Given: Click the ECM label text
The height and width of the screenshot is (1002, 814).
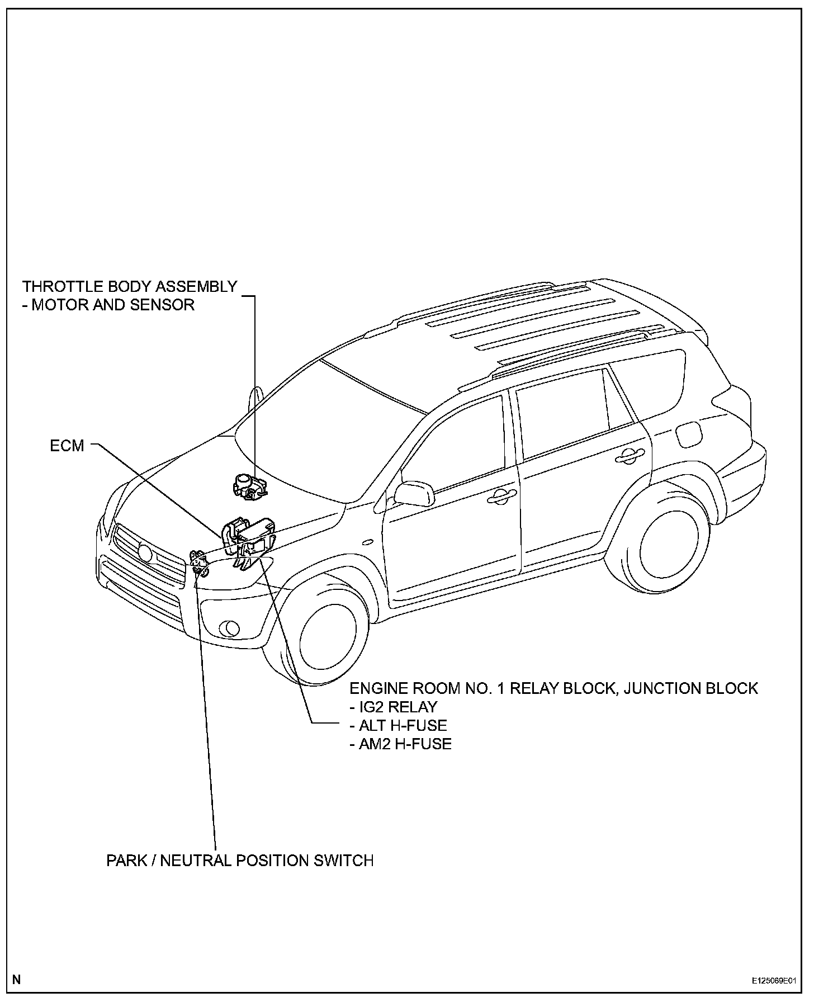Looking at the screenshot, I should pos(67,446).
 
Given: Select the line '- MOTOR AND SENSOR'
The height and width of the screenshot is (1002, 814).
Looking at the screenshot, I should pos(108,305).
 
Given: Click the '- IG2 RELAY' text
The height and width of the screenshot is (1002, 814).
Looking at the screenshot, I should pos(393,707).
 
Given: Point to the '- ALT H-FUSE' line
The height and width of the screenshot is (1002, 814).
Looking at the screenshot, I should pos(397,725).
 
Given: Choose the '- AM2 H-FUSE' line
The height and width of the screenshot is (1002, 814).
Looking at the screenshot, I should pos(400,744).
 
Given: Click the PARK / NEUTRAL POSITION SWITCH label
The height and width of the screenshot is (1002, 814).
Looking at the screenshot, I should pos(240,860).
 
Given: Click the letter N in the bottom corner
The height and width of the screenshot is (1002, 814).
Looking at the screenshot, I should pos(17,979).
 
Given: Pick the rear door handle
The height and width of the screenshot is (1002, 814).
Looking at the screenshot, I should pos(629,456).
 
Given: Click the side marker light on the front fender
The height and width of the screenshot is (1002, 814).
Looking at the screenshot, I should pos(367,541).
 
